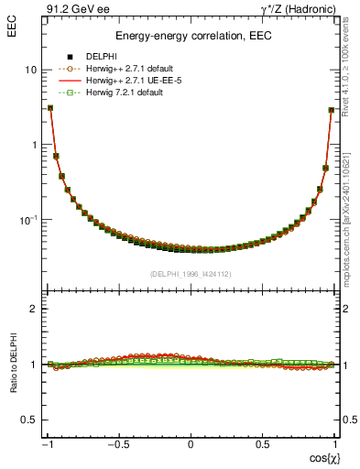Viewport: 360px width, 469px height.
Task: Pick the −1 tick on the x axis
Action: click(48, 445)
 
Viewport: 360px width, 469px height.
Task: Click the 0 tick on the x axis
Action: click(191, 445)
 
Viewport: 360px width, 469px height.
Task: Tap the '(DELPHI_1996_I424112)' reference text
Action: click(191, 273)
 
